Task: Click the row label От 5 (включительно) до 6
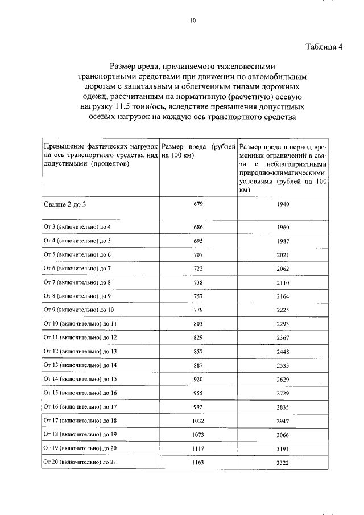click(77, 255)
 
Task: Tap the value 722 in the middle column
click(198, 268)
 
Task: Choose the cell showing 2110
click(283, 282)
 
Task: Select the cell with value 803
click(198, 323)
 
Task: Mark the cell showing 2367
click(283, 337)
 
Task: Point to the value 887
click(198, 365)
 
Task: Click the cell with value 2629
click(283, 379)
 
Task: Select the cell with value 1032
click(198, 421)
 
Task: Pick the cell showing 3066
click(283, 434)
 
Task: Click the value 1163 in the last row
click(198, 462)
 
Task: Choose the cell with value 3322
click(283, 462)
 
